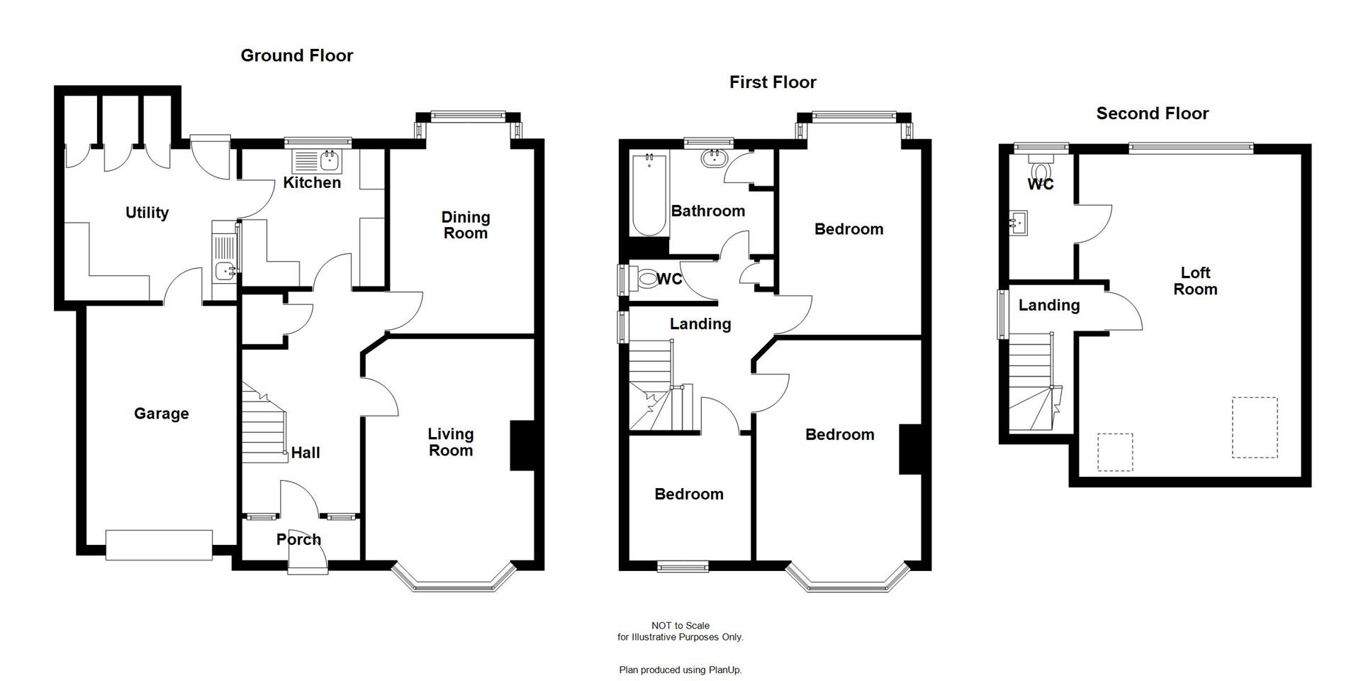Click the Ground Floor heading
tap(296, 55)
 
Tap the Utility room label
tap(147, 213)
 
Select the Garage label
tap(161, 414)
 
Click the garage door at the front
tap(159, 545)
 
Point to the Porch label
tap(298, 539)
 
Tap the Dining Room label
tap(465, 225)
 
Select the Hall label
tap(306, 453)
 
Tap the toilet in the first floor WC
tap(646, 278)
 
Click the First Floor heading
tap(773, 82)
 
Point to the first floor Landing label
tap(700, 324)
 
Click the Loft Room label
tap(1195, 281)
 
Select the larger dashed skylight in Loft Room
tap(1254, 427)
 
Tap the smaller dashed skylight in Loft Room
tap(1115, 452)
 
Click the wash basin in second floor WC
tap(1019, 223)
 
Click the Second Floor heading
tap(1152, 113)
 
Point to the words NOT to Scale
tap(680, 626)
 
